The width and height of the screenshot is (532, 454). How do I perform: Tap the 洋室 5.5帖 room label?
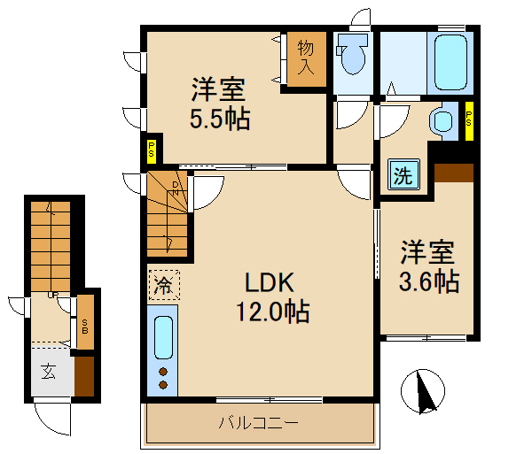(x=219, y=104)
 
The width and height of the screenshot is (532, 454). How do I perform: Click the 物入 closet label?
(x=306, y=58)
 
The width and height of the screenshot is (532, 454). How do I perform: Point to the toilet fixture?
(x=352, y=58)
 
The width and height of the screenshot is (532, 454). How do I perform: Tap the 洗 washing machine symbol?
(x=403, y=174)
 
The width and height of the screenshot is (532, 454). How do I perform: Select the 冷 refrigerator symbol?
(x=164, y=285)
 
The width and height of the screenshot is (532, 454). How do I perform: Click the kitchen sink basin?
(x=163, y=337)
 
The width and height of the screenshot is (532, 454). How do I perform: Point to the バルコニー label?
(x=259, y=422)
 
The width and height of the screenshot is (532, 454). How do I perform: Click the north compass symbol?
(x=426, y=390)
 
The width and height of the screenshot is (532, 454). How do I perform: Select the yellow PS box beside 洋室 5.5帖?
(x=153, y=151)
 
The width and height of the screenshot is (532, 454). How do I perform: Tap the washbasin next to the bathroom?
(x=440, y=121)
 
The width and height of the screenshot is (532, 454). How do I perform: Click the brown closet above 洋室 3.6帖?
(x=455, y=172)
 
